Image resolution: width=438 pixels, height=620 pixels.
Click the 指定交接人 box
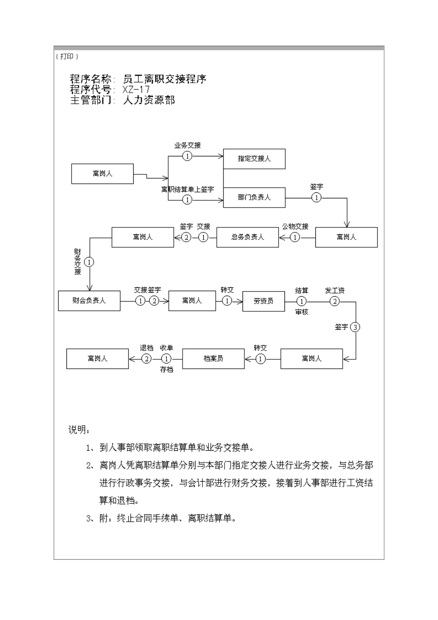[x=254, y=159]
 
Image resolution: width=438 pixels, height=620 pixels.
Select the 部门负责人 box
[x=254, y=197]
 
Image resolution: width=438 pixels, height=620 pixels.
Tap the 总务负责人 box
[x=248, y=237]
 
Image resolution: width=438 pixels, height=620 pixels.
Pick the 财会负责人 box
[x=89, y=301]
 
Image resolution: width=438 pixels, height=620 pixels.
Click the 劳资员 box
[x=263, y=301]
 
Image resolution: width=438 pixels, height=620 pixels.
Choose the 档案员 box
[x=213, y=358]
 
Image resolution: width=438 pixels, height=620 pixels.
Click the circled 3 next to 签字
[x=355, y=327]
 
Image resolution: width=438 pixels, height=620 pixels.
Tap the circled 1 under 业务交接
[x=187, y=156]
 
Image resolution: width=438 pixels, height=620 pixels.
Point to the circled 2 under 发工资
[x=335, y=301]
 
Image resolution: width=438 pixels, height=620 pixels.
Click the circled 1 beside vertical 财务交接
[x=89, y=262]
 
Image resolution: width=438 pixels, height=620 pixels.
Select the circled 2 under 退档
[x=146, y=358]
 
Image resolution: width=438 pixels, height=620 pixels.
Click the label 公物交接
[x=295, y=227]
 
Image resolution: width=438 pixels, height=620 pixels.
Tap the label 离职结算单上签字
[x=187, y=190]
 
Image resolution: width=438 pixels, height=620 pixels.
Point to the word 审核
[x=302, y=312]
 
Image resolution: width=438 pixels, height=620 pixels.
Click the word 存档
[x=166, y=370]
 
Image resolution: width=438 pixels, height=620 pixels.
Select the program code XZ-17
[x=136, y=89]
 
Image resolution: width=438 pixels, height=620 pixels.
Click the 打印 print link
[x=67, y=56]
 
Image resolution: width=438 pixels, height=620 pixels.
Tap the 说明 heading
[x=79, y=430]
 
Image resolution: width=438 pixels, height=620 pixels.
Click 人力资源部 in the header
[x=149, y=100]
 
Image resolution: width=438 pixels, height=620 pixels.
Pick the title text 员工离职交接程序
[x=165, y=79]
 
